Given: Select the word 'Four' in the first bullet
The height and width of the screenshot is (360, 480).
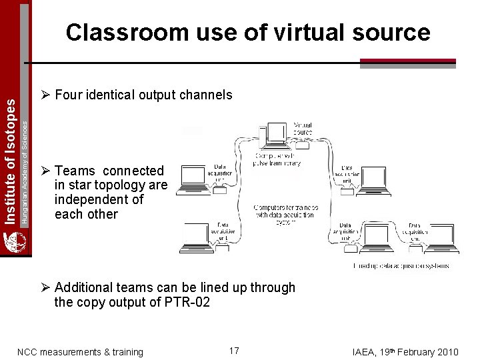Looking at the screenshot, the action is coord(68,95).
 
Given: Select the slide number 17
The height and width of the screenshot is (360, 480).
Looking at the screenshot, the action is coord(234,351).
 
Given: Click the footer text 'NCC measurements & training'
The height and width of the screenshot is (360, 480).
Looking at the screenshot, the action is coord(80,352).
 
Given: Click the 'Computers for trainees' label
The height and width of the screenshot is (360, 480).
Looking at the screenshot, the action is coord(285,211).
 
